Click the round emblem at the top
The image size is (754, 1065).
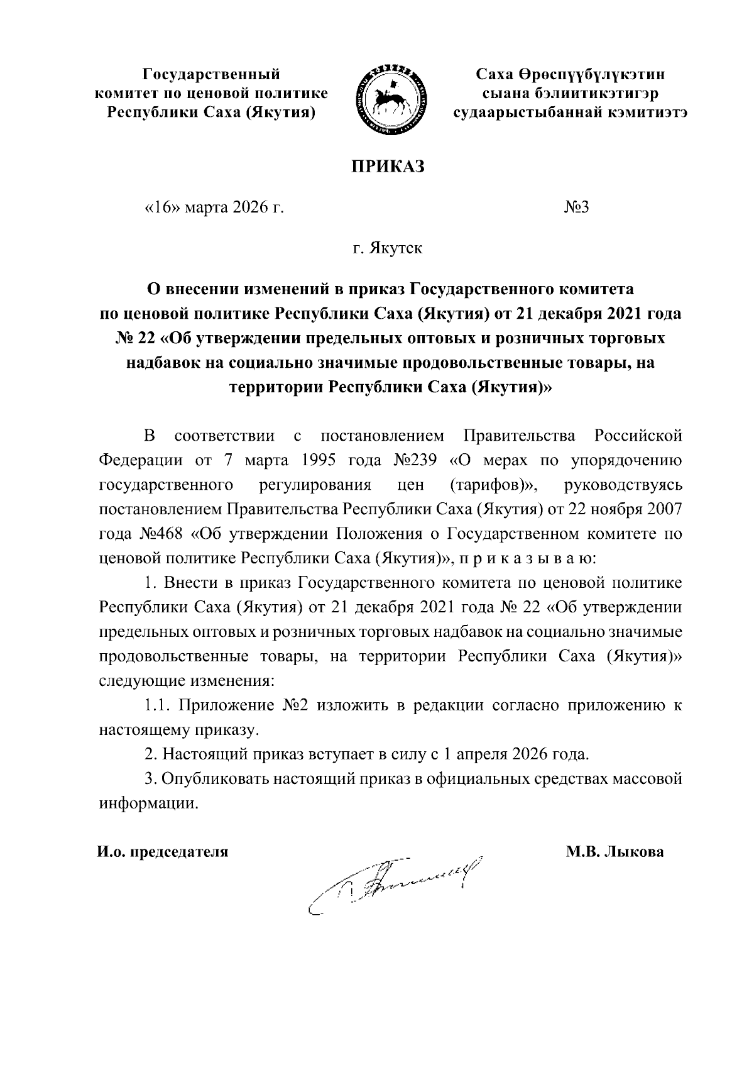(x=391, y=99)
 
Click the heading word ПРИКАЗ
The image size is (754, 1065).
(x=388, y=167)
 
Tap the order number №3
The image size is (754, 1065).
(x=576, y=208)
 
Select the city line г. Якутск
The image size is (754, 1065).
(x=387, y=248)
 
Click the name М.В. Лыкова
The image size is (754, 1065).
(x=615, y=852)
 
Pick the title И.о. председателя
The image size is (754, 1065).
(x=162, y=852)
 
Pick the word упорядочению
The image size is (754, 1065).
(x=625, y=460)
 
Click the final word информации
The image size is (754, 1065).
(x=148, y=803)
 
